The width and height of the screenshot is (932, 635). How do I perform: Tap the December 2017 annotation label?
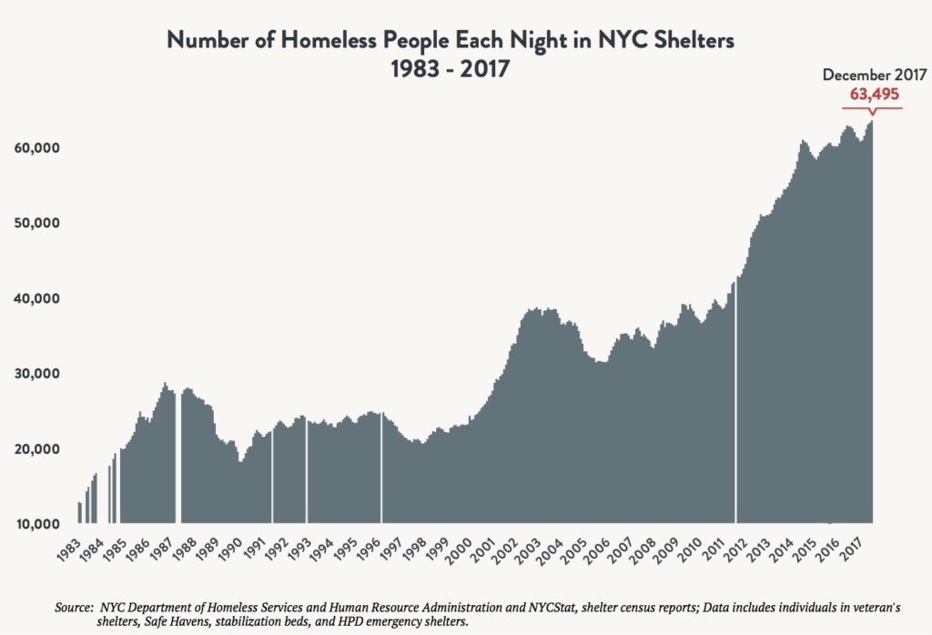pyautogui.click(x=872, y=76)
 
